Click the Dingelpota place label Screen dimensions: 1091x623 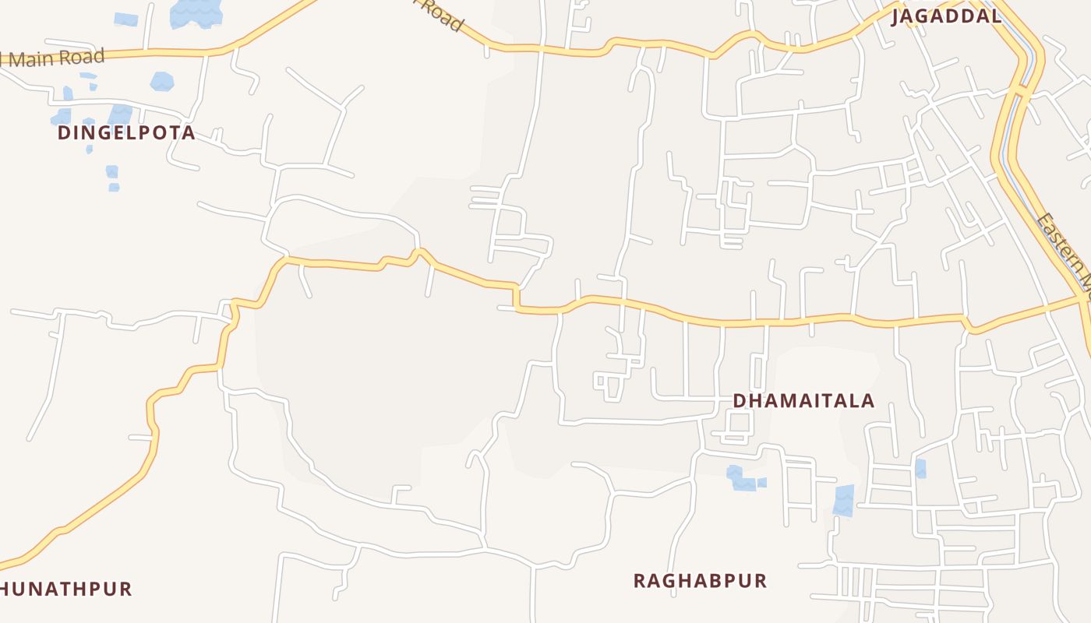coord(126,133)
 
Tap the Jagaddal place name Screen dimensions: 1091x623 coord(947,16)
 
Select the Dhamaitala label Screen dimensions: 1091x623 coord(803,401)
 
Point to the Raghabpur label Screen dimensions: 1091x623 coord(700,581)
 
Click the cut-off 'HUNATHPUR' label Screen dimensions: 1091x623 coord(66,589)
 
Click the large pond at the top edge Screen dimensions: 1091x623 coord(196,12)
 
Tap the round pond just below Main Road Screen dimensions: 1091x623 coord(162,81)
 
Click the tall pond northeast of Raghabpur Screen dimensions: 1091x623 coord(843,500)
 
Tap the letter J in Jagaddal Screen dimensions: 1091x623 coord(897,16)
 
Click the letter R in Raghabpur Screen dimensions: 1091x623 coord(639,581)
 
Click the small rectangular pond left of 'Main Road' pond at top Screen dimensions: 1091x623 coord(125,19)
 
